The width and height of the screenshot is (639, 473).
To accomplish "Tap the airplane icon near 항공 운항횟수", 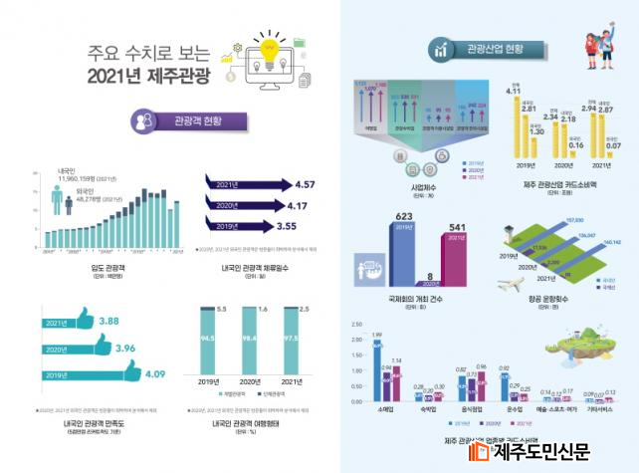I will (508, 282).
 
